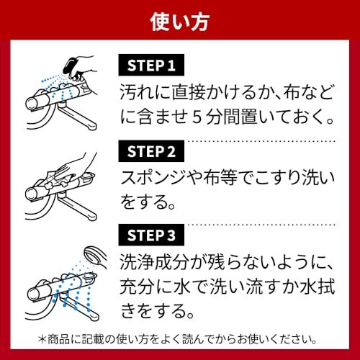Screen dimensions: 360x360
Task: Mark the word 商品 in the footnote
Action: [40, 337]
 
